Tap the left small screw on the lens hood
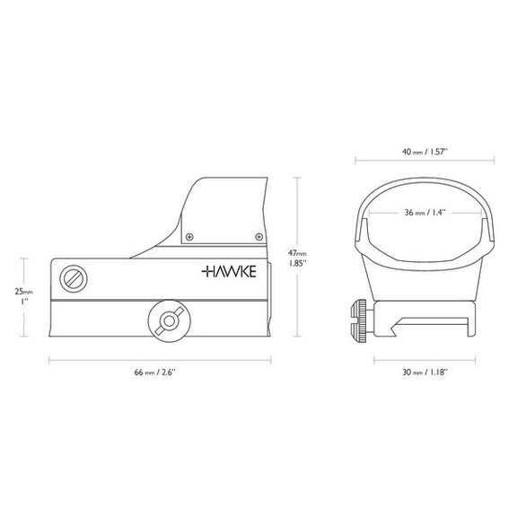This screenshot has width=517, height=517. point(188,237)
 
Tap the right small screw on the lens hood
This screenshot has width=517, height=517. point(258,237)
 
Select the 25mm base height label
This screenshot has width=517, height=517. point(23,293)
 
